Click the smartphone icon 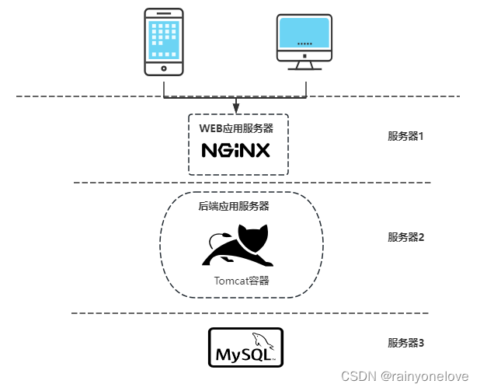(164, 42)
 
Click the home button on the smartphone (164, 68)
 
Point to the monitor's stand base (305, 68)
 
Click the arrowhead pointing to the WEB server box (236, 106)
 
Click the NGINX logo (236, 149)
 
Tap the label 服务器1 (406, 136)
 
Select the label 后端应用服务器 (233, 207)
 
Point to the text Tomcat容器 (242, 281)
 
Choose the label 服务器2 (406, 237)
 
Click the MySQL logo (245, 347)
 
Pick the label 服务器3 (406, 342)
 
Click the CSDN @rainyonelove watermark (405, 375)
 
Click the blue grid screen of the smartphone (164, 39)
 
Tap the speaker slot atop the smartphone (164, 15)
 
